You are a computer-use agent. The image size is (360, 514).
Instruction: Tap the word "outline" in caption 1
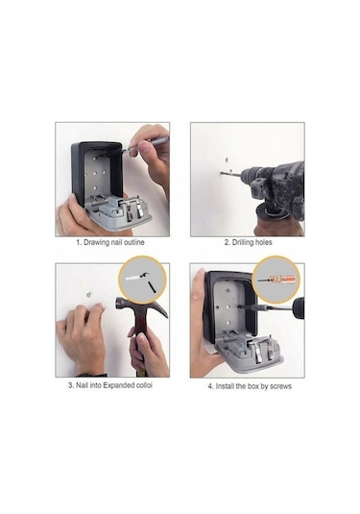[139, 243]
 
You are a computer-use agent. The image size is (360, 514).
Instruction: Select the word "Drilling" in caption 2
[237, 243]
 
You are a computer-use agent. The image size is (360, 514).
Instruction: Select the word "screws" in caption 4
[279, 385]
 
